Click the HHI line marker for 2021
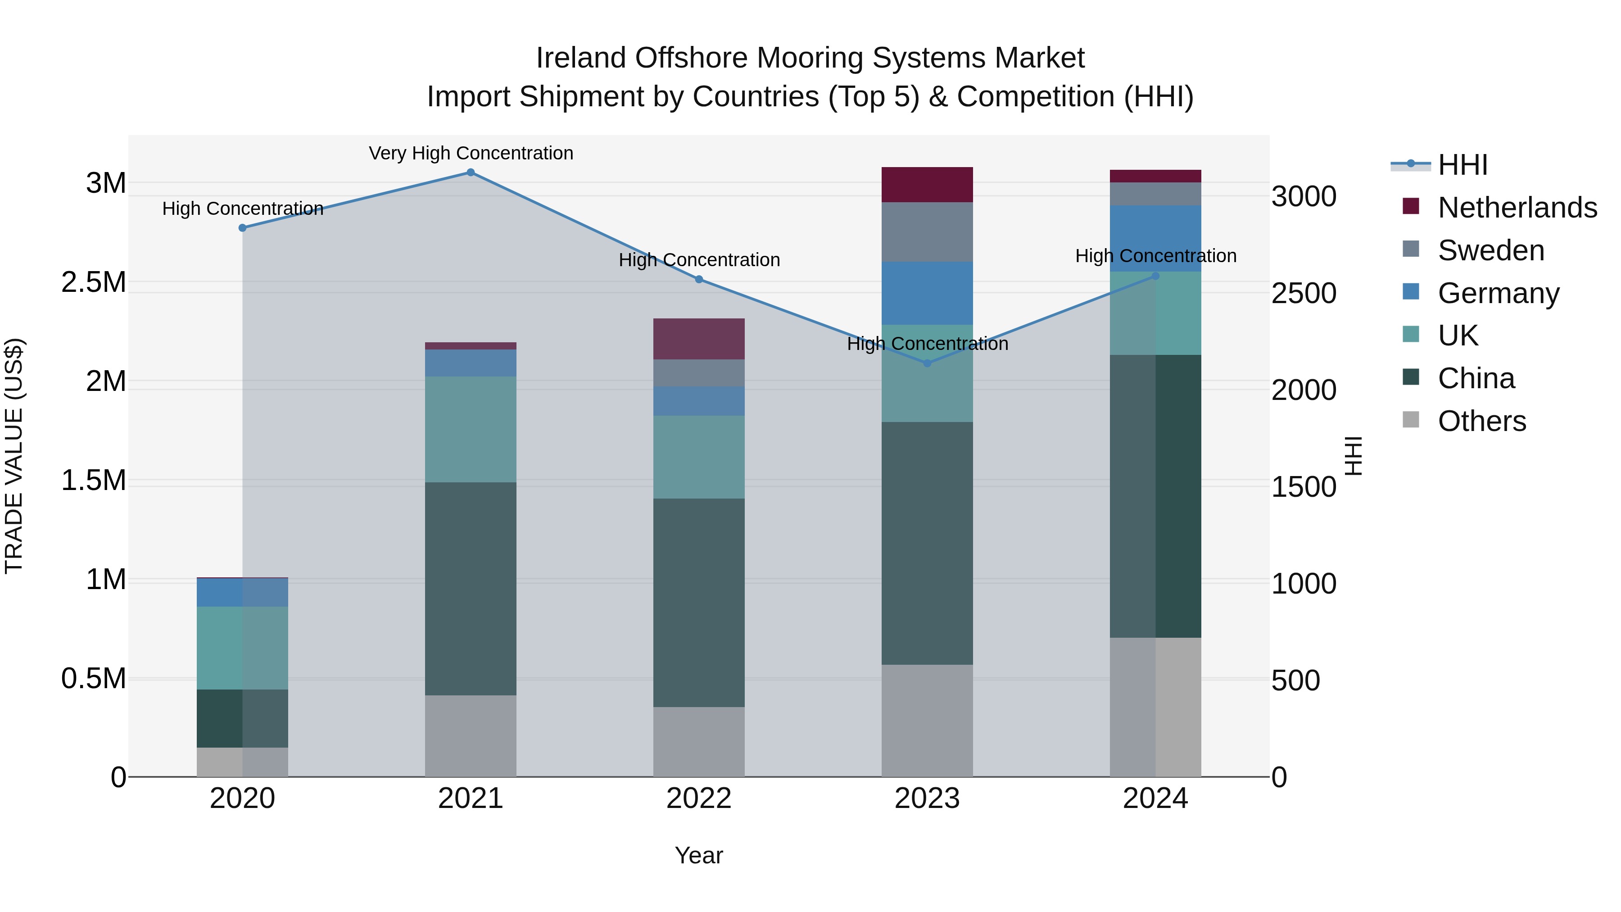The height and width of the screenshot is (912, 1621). tap(471, 172)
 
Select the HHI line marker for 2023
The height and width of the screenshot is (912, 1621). tap(927, 363)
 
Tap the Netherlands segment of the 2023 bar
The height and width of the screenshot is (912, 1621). tap(927, 184)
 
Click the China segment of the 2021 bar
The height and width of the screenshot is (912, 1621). tap(471, 589)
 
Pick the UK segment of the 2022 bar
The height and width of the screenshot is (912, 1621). tap(698, 457)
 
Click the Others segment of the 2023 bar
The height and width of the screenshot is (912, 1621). tap(927, 721)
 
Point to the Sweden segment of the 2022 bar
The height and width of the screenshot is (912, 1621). tap(698, 372)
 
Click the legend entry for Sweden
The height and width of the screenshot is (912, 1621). tap(1490, 250)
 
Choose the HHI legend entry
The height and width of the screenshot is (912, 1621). tap(1463, 165)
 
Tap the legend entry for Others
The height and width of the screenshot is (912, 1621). tap(1481, 421)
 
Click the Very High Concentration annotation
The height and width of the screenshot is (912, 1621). tap(471, 153)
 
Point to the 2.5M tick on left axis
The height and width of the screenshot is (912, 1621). tap(94, 282)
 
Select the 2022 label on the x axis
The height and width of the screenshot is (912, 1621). tap(698, 799)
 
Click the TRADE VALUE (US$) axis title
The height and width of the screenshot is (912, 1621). tap(14, 456)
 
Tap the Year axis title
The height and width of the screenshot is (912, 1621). tap(698, 855)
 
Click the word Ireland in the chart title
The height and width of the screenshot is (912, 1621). tap(581, 58)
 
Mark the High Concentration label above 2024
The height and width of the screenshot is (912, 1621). tap(1155, 256)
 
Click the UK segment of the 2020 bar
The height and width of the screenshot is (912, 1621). tap(242, 648)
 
